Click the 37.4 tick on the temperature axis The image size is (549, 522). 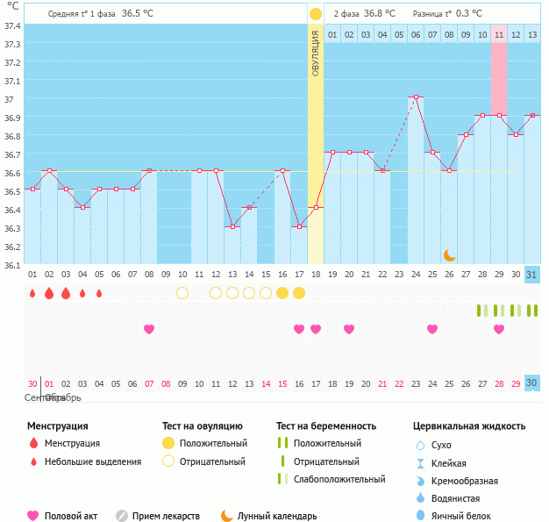tap(11, 25)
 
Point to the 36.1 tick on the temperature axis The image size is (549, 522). tap(11, 264)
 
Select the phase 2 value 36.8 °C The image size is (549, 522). tap(380, 14)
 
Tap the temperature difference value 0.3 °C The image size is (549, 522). tap(469, 14)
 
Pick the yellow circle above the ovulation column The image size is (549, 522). tap(316, 14)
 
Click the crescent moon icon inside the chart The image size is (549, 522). tap(450, 254)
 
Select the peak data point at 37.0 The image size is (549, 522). tap(416, 97)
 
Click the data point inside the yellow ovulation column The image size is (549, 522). tap(316, 208)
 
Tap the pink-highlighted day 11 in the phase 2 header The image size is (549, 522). tap(498, 34)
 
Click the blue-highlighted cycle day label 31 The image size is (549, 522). tap(531, 275)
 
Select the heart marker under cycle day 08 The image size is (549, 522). tap(149, 329)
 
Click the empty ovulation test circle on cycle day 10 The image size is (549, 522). tap(182, 293)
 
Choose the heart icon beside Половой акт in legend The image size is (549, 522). tap(33, 516)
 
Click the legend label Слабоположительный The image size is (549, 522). tap(339, 479)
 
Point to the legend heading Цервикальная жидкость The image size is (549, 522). tap(469, 426)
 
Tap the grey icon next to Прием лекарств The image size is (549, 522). tap(122, 516)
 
